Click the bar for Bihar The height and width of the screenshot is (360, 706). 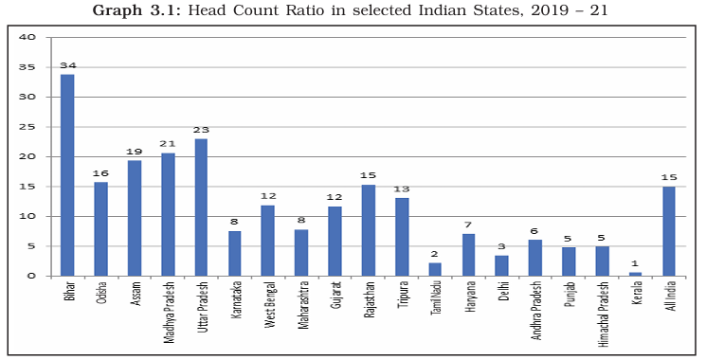[x=67, y=175]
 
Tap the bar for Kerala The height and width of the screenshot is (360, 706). [x=636, y=274]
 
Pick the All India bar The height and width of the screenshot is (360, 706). [x=669, y=231]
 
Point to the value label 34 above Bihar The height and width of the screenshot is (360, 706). [x=67, y=65]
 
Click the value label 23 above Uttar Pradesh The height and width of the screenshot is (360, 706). [x=201, y=130]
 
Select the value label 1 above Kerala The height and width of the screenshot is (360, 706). [x=636, y=263]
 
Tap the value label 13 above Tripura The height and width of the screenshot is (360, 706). [x=402, y=189]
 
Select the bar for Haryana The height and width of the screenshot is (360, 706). [x=469, y=255]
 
